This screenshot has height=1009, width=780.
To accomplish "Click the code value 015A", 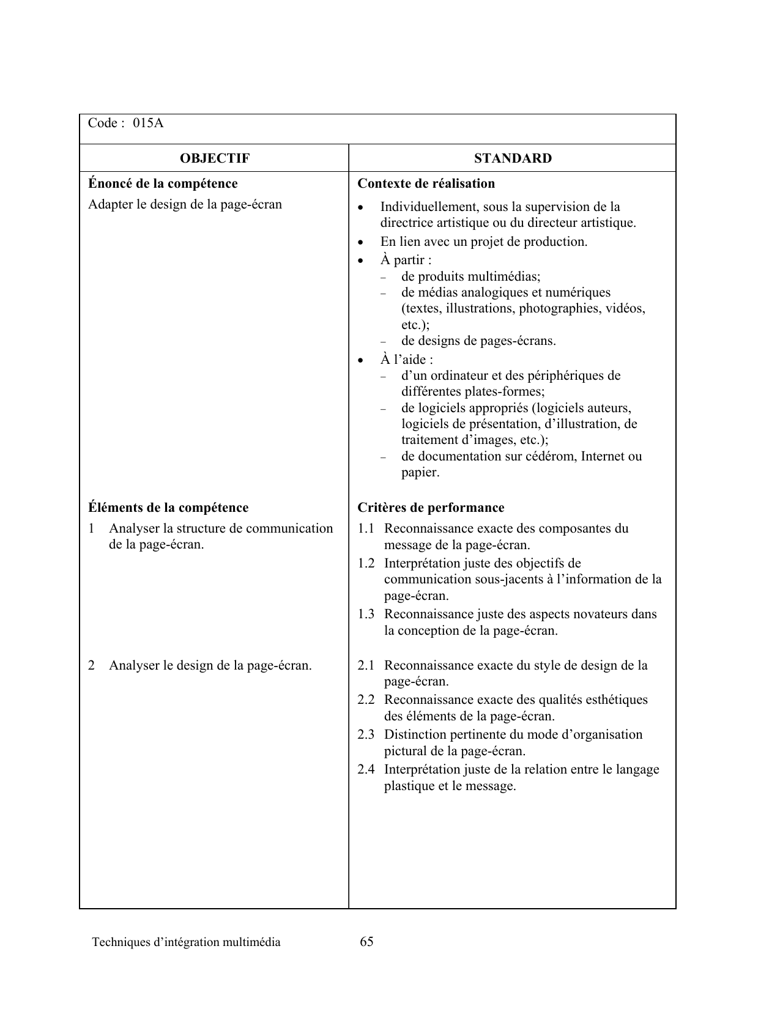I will point(149,124).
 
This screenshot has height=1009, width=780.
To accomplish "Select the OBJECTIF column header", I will point(215,158).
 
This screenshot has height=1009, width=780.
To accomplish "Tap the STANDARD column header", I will point(513,158).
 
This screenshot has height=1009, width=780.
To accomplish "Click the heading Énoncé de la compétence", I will point(163,183).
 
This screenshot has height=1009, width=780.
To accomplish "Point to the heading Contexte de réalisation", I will point(426,183).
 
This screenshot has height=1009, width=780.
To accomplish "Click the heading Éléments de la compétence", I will point(168,508).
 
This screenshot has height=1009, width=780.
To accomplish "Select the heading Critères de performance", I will point(431,508).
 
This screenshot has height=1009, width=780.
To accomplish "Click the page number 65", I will point(367,942).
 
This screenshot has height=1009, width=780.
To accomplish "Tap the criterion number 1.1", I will point(366,528).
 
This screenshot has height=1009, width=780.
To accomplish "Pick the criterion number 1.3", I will point(366,614).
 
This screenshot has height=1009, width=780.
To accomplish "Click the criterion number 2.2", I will point(366,700).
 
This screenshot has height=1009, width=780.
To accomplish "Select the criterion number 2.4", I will point(366,769).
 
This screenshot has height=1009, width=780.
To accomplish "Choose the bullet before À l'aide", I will point(361,361).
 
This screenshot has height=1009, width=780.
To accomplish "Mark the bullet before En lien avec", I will point(361,243).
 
